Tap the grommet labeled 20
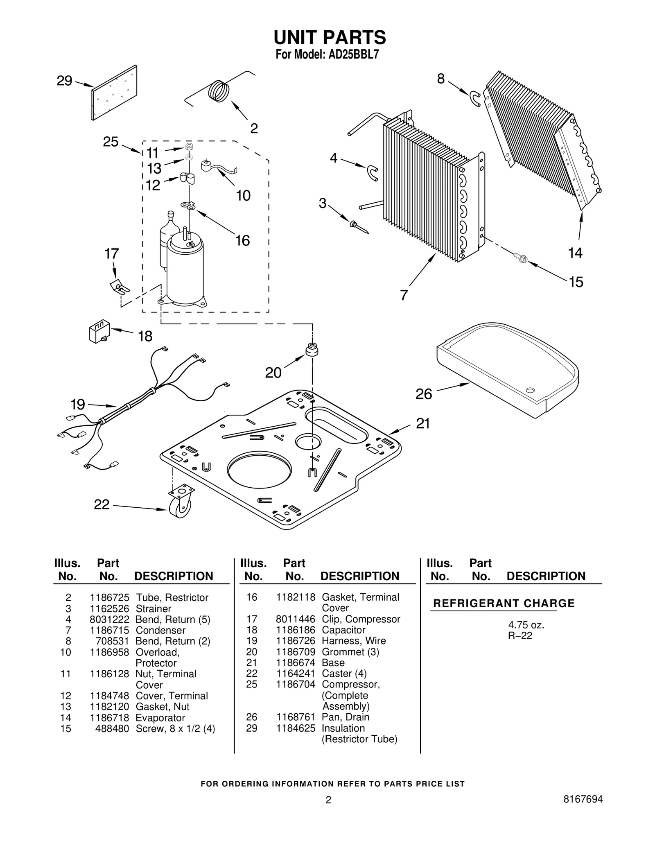click(312, 350)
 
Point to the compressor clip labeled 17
click(119, 287)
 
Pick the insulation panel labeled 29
click(114, 93)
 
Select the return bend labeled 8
click(475, 98)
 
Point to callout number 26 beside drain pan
click(424, 394)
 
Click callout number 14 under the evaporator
click(575, 253)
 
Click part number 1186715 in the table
click(109, 630)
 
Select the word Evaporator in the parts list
click(160, 717)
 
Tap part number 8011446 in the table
click(295, 619)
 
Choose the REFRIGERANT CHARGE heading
click(504, 603)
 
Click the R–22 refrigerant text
click(520, 635)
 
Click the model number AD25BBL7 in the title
click(354, 54)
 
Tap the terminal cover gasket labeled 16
click(188, 206)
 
